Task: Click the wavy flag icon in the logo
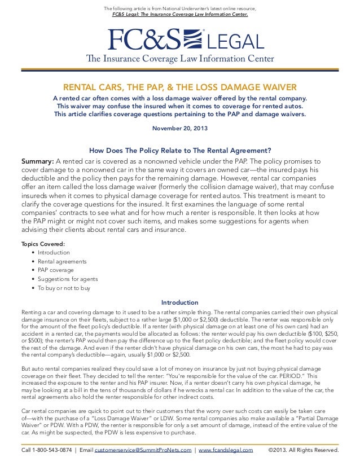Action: coord(193,39)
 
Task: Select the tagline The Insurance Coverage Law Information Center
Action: coord(179,59)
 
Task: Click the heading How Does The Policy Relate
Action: coord(180,150)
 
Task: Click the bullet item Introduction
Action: coord(54,252)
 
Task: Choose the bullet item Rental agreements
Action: coord(62,261)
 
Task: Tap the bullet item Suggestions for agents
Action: coord(67,279)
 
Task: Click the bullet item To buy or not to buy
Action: coord(64,288)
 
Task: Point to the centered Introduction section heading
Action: coord(179,302)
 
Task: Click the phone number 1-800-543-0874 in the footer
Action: coord(47,451)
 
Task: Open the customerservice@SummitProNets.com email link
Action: coord(143,451)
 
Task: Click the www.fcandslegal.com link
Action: coord(225,451)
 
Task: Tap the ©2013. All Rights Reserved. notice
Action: coord(303,451)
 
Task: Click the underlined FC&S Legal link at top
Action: coord(179,14)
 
